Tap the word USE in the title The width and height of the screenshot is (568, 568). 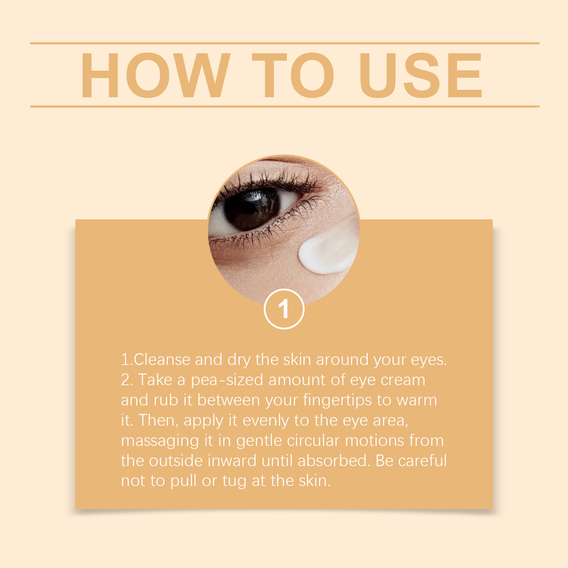point(421,75)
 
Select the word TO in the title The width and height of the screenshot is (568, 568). point(293,75)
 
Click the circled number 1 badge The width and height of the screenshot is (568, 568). point(284,309)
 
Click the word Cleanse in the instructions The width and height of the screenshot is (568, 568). point(162,360)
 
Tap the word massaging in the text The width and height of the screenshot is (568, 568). point(160,441)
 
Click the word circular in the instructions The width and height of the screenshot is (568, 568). point(313,441)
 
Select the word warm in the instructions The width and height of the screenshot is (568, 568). point(417,401)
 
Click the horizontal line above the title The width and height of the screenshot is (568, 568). point(285,43)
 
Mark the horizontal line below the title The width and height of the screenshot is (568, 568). point(285,106)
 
